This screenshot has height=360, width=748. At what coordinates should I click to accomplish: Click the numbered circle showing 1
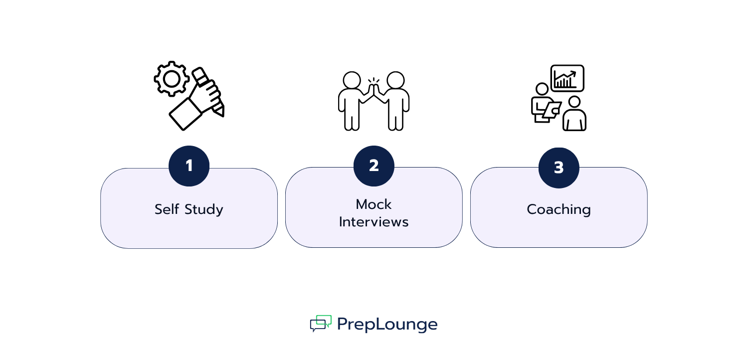tap(189, 166)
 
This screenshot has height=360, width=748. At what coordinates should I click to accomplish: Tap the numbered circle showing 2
tap(374, 166)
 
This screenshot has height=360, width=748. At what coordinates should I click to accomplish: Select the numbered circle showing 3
tap(559, 168)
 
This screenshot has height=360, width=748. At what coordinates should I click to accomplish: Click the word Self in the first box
tap(166, 209)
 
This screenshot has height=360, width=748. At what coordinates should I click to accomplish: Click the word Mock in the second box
tap(374, 204)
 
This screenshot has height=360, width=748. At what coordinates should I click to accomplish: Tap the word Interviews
tap(374, 222)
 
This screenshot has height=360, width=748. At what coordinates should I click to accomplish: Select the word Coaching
tap(559, 209)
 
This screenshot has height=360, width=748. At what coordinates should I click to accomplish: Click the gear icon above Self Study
tap(172, 79)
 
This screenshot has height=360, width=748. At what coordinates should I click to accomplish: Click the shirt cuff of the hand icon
tap(185, 114)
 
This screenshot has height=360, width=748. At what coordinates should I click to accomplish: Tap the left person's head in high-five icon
tap(352, 80)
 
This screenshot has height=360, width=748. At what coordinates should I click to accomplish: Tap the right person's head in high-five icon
tap(395, 80)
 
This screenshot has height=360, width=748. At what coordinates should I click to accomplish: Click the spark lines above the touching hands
tap(374, 80)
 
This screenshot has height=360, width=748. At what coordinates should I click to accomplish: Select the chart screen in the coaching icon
tap(567, 78)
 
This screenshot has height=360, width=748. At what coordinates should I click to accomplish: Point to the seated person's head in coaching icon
tap(574, 102)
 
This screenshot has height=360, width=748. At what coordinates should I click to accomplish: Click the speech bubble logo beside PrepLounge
tap(321, 323)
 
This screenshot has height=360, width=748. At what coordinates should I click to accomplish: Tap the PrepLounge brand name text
tap(387, 324)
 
